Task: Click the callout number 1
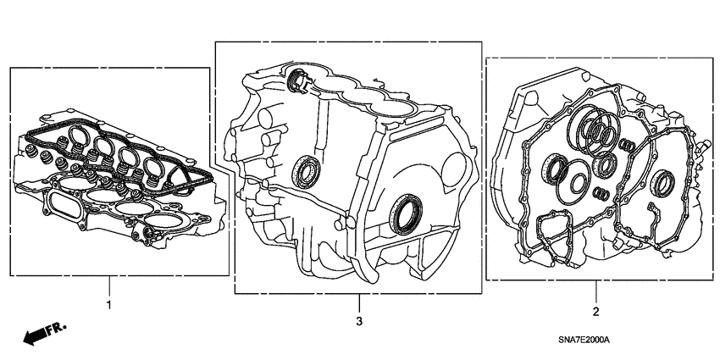108,303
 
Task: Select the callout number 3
358,322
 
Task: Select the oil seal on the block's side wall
307,174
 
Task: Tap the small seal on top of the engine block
298,81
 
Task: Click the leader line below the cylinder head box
108,285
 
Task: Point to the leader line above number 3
358,303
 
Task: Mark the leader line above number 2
595,292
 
